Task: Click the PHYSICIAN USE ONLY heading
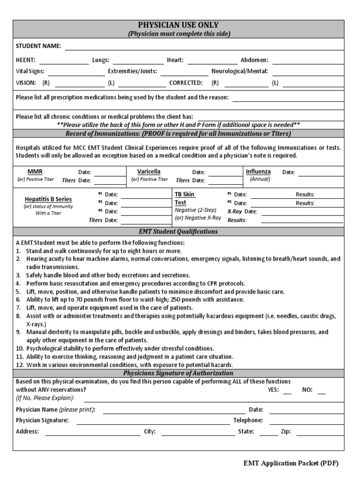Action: (x=178, y=25)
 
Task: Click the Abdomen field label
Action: (x=254, y=60)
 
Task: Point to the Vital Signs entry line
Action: (x=76, y=73)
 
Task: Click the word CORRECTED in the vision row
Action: (x=186, y=82)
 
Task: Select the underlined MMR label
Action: (x=35, y=172)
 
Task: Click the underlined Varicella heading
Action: (x=149, y=172)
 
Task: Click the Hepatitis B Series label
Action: (x=48, y=199)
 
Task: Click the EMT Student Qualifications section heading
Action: (x=178, y=232)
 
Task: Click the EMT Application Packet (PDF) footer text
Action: (x=291, y=464)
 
